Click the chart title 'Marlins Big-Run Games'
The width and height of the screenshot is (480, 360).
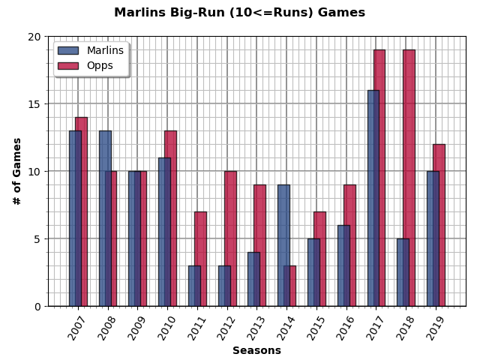(x=239, y=13)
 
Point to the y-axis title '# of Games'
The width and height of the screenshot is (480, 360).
(x=17, y=171)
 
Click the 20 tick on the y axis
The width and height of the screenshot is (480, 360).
(x=34, y=37)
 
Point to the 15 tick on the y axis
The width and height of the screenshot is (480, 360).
(x=34, y=104)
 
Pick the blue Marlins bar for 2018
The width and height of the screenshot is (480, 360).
(x=402, y=272)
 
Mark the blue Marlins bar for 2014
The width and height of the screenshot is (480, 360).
(x=283, y=245)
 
